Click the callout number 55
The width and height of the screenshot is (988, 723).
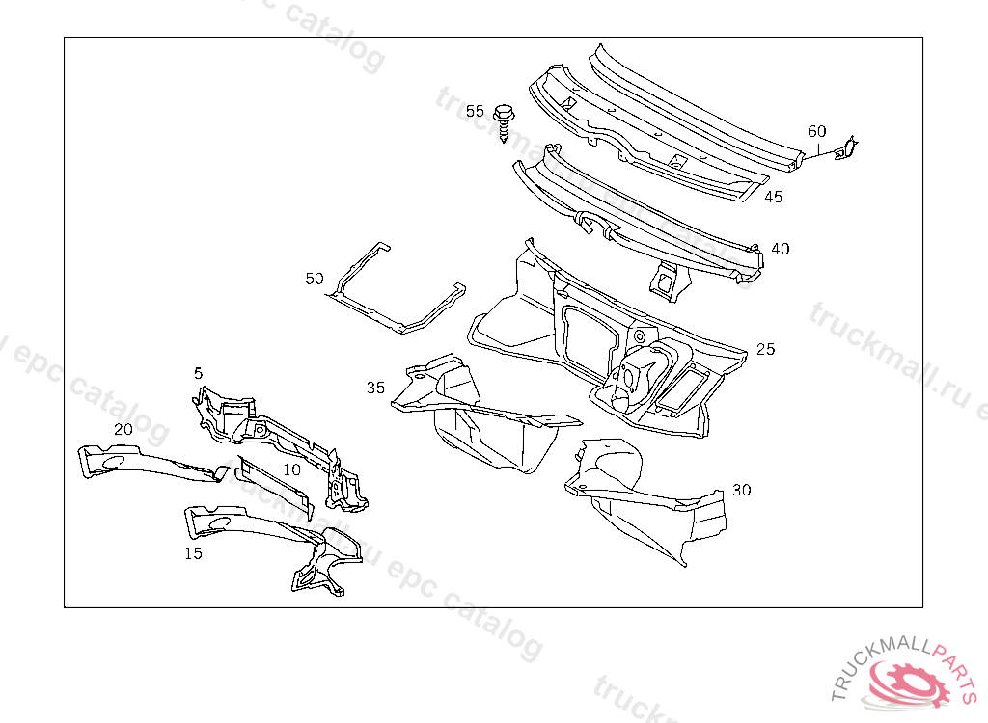coord(475,111)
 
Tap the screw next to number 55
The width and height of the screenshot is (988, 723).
coord(504,120)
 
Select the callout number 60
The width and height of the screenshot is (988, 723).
coord(816,131)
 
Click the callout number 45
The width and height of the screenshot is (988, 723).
coord(774,197)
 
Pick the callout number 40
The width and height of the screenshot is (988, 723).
coord(780,249)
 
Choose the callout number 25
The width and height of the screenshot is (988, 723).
coord(765,349)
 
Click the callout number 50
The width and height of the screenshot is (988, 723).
coord(315,279)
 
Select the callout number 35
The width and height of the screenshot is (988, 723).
coord(375,388)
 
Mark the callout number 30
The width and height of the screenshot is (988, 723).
coord(741,490)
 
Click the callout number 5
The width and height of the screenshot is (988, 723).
coord(198,372)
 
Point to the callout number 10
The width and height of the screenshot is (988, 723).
coord(291,469)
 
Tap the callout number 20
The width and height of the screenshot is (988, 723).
coord(123,429)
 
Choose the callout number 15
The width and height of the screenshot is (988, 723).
coord(194,553)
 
